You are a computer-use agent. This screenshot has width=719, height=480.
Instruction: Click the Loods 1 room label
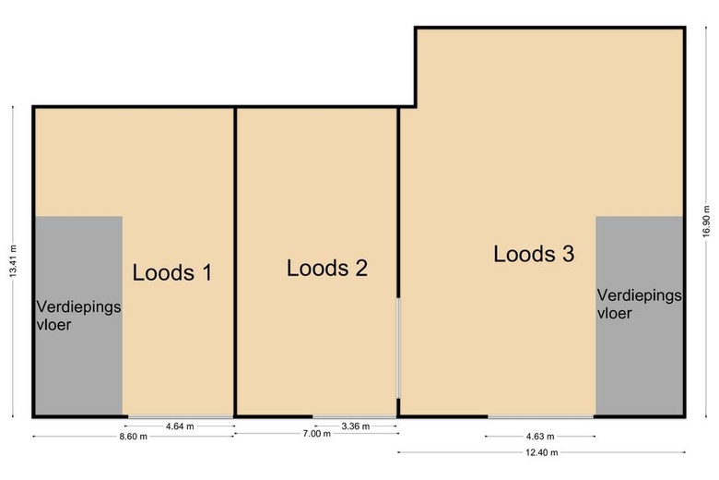(172, 272)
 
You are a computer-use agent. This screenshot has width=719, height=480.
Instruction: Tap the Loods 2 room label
(327, 268)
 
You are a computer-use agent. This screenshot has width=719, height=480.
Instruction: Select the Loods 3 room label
(534, 254)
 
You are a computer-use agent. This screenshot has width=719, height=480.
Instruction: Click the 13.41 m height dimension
(13, 261)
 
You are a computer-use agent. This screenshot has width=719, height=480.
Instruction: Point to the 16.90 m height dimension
(706, 222)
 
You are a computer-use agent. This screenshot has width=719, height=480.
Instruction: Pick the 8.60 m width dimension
(134, 437)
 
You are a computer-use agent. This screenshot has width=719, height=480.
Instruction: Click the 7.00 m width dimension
(316, 433)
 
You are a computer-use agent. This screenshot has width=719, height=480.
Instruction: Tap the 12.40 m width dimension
(542, 452)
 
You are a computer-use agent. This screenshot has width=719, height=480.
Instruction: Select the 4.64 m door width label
(180, 426)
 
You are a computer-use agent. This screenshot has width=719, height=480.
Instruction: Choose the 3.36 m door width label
(356, 426)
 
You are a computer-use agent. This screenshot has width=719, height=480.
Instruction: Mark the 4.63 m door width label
(540, 437)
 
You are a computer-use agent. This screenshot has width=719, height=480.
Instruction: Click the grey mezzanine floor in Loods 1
(79, 316)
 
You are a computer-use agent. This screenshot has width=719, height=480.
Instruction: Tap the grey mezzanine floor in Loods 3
(639, 316)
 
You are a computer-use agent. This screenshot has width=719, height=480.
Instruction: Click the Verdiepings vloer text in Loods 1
(78, 316)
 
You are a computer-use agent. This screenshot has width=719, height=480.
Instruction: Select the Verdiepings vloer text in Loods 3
(639, 304)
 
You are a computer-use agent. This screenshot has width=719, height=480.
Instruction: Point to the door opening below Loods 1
(180, 416)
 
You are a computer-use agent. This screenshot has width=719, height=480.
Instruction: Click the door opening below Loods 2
(355, 416)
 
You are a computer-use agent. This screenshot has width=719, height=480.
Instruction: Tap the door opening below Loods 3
(540, 416)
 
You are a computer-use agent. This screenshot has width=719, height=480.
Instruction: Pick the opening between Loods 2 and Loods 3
(398, 348)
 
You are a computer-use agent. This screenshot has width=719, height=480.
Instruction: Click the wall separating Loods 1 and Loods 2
(235, 262)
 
